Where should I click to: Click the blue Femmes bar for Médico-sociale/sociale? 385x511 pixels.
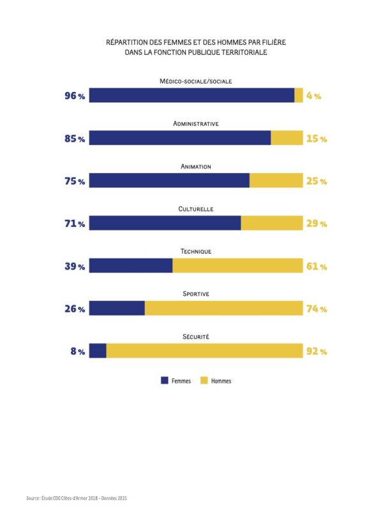pyautogui.click(x=192, y=95)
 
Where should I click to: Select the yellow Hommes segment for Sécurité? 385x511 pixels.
pyautogui.click(x=204, y=351)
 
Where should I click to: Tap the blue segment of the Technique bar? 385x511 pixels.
pyautogui.click(x=131, y=266)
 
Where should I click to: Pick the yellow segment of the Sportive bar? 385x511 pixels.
pyautogui.click(x=223, y=309)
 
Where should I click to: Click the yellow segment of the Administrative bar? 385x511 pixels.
pyautogui.click(x=287, y=138)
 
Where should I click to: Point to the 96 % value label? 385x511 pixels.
pyautogui.click(x=74, y=96)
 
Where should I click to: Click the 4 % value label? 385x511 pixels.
pyautogui.click(x=313, y=96)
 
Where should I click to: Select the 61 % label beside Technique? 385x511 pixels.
pyautogui.click(x=317, y=266)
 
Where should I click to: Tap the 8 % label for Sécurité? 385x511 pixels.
pyautogui.click(x=77, y=351)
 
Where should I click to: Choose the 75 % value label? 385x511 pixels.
pyautogui.click(x=74, y=181)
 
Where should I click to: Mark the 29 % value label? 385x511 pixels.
pyautogui.click(x=317, y=224)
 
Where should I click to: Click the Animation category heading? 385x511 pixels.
pyautogui.click(x=196, y=166)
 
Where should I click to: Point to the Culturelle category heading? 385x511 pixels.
pyautogui.click(x=196, y=209)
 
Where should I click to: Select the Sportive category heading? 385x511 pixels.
pyautogui.click(x=196, y=294)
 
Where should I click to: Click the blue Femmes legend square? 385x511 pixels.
pyautogui.click(x=164, y=380)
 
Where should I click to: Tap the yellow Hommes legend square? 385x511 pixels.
pyautogui.click(x=204, y=380)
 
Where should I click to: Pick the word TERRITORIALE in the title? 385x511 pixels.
pyautogui.click(x=242, y=53)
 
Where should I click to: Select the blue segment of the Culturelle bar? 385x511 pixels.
pyautogui.click(x=165, y=223)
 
